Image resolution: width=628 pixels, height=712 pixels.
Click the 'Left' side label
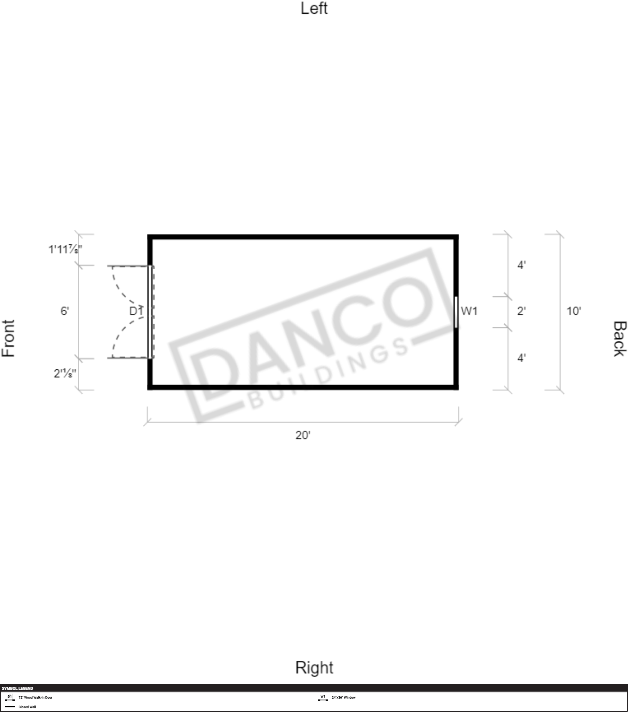pyautogui.click(x=314, y=9)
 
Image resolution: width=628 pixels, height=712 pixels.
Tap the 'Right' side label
pyautogui.click(x=314, y=668)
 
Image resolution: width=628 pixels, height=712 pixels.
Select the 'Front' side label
pyautogui.click(x=9, y=338)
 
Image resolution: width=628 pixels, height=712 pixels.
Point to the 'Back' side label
pyautogui.click(x=619, y=339)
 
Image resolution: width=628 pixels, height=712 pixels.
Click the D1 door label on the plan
pyautogui.click(x=136, y=311)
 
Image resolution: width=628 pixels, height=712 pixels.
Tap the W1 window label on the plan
pyautogui.click(x=469, y=311)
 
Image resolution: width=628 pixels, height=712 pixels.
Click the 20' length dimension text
pyautogui.click(x=303, y=435)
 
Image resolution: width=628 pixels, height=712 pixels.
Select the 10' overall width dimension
pyautogui.click(x=574, y=311)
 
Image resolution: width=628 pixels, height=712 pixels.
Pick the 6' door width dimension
pyautogui.click(x=65, y=311)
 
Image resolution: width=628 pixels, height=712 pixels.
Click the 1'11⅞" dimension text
pyautogui.click(x=65, y=249)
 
